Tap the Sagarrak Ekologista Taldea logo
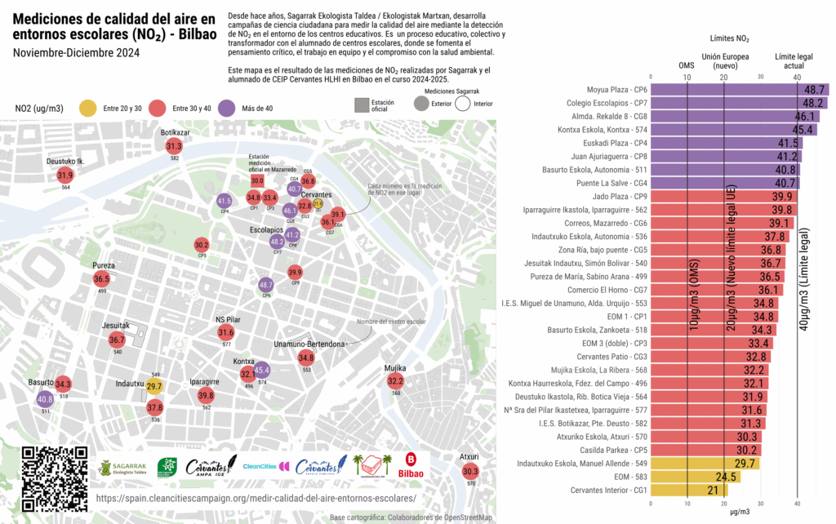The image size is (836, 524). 122,468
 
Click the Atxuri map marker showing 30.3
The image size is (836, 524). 470,471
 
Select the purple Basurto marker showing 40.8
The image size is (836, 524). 45,399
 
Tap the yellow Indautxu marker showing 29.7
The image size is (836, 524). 154,386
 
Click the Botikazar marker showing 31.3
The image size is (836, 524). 174,146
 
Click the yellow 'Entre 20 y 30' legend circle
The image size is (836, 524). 87,108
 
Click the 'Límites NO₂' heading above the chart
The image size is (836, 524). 729,38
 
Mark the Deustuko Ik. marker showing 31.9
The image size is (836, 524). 65,175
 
